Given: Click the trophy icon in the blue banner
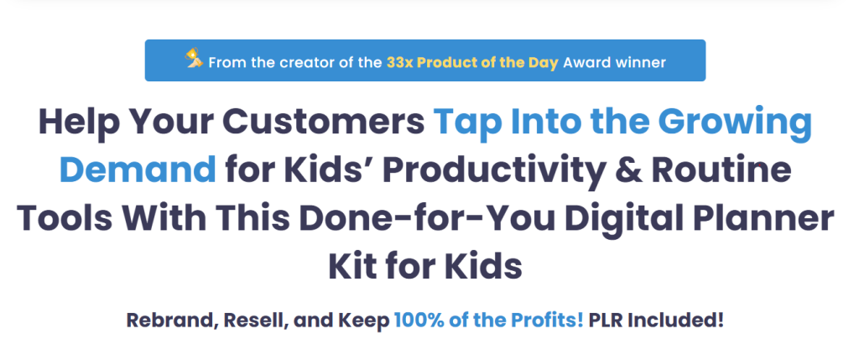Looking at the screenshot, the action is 194,58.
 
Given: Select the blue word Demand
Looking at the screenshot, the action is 138,170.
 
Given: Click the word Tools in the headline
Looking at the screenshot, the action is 65,217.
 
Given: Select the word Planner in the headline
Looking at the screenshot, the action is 760,219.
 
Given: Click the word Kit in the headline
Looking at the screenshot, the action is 351,265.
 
